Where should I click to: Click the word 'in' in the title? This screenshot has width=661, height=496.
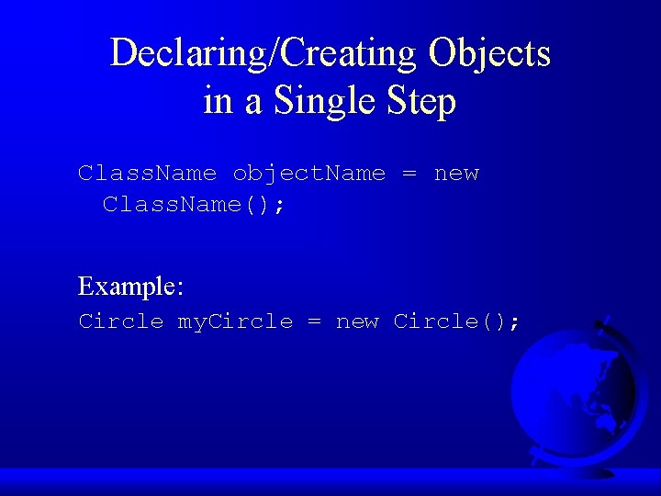[218, 100]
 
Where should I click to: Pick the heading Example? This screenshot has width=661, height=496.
[131, 287]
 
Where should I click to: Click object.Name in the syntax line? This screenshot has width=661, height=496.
[308, 174]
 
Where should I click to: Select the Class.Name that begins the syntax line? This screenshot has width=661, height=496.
[147, 174]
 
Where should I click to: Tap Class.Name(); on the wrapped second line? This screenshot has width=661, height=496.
[194, 204]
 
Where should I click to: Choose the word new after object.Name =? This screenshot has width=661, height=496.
[456, 174]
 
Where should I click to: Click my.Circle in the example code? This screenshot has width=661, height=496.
[235, 321]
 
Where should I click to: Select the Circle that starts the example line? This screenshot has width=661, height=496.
[120, 321]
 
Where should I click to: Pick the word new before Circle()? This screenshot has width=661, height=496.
[357, 321]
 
